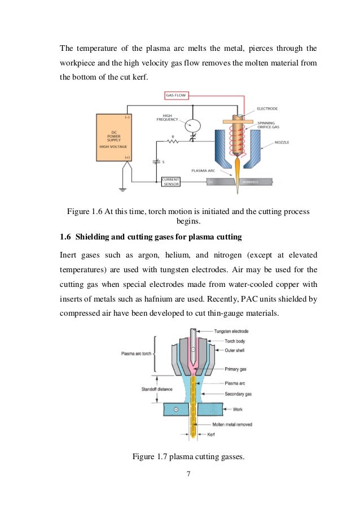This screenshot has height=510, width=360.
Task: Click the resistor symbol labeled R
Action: pyautogui.click(x=179, y=143)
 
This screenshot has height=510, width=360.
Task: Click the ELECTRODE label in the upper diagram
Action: pyautogui.click(x=266, y=108)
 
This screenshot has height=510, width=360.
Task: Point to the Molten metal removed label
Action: pyautogui.click(x=232, y=424)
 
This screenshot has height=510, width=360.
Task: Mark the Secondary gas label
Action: pyautogui.click(x=226, y=393)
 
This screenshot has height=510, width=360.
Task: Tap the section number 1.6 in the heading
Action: pyautogui.click(x=65, y=236)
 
